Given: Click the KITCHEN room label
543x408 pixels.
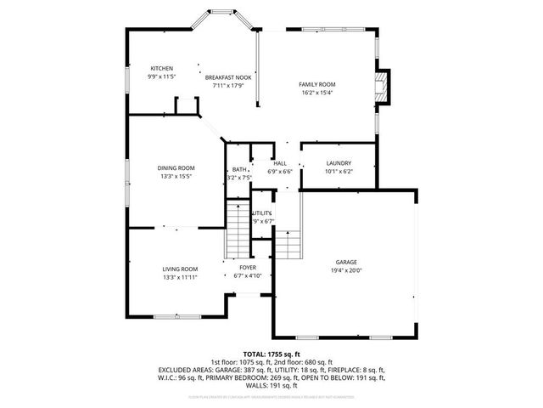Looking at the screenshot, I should (x=162, y=68).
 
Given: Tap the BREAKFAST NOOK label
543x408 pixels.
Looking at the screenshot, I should (x=228, y=76).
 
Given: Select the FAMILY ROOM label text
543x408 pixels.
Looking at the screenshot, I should (x=317, y=84).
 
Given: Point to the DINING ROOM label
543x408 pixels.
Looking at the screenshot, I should (x=176, y=167).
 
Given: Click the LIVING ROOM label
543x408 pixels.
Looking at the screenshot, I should (x=180, y=269).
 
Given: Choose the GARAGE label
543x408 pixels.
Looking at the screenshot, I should (x=347, y=262).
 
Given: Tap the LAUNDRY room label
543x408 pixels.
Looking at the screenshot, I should (x=338, y=163).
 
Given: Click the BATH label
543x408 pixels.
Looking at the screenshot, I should (x=239, y=169).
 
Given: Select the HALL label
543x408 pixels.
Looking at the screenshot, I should (x=280, y=163).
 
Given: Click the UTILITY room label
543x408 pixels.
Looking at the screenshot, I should (x=262, y=212).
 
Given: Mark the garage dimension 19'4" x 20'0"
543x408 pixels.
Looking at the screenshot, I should (x=347, y=270).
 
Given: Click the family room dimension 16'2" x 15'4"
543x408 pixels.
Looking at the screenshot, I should (x=317, y=93).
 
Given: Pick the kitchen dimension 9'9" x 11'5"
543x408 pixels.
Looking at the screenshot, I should (x=161, y=76).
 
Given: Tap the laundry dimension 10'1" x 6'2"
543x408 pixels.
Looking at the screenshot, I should (x=338, y=172).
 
